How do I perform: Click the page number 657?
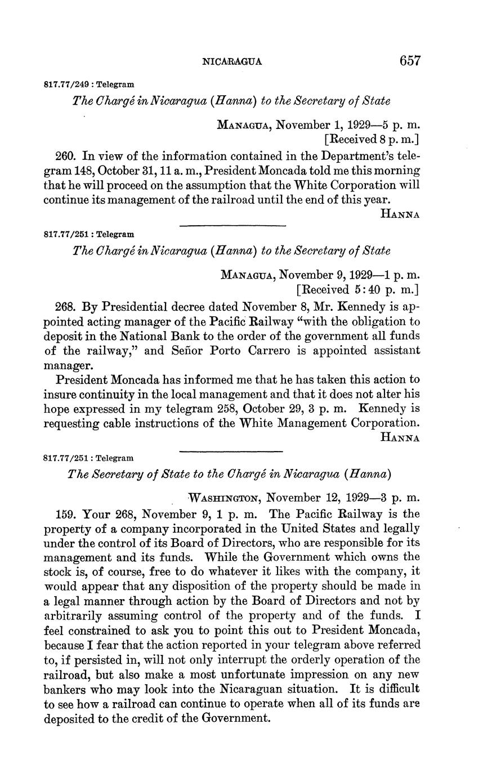[x=410, y=61]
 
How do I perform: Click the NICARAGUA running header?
[x=232, y=62]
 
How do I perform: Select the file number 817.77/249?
[x=68, y=85]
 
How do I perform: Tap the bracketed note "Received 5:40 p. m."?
[x=358, y=290]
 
